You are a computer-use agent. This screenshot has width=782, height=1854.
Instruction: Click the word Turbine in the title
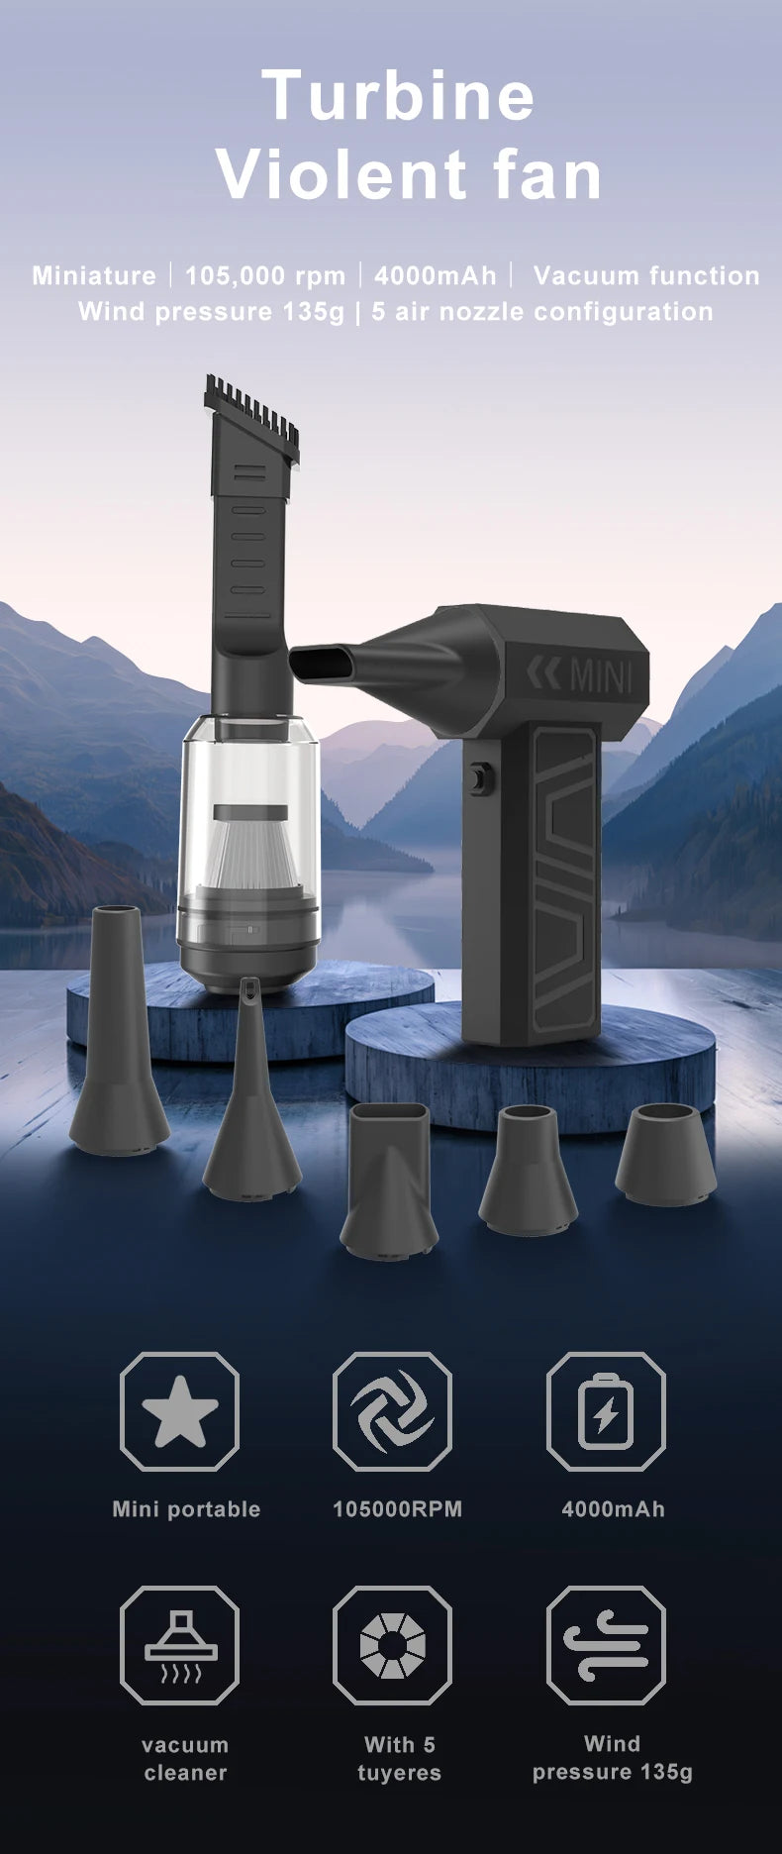(399, 95)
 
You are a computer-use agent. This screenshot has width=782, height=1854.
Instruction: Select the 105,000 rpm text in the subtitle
(265, 275)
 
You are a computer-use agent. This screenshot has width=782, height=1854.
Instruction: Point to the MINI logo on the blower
(579, 675)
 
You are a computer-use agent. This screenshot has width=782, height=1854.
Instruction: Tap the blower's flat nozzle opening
(316, 662)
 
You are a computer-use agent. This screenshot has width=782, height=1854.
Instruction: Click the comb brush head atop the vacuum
(251, 418)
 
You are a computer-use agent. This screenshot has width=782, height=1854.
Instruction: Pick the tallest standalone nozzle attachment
(119, 1030)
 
